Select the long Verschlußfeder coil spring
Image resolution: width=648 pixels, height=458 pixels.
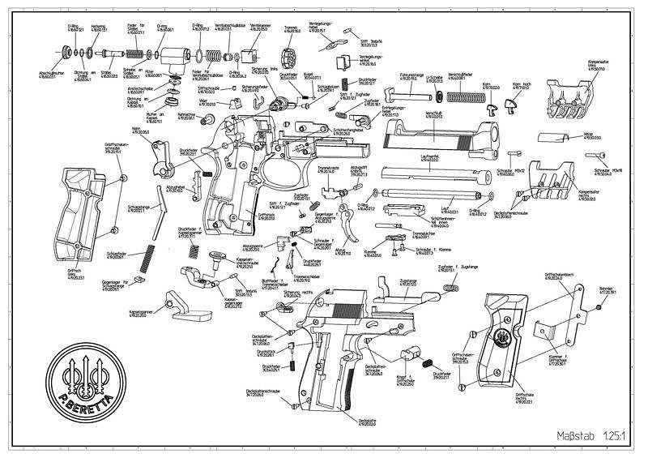click(462, 99)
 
